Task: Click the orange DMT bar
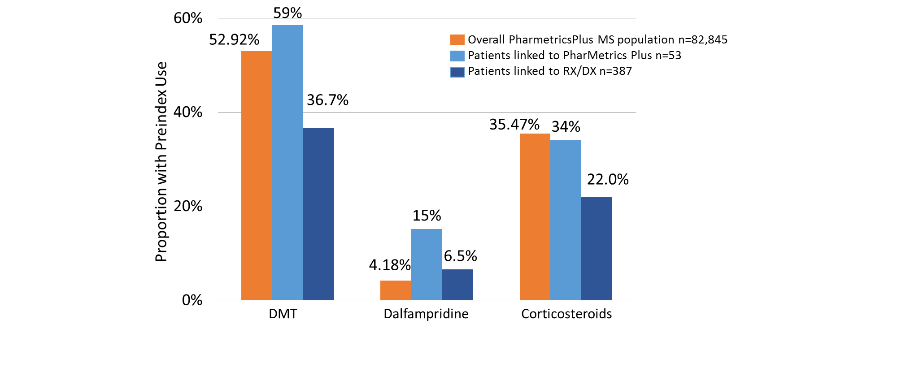click(x=257, y=175)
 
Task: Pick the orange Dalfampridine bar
click(x=396, y=290)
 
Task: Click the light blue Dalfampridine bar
click(x=427, y=264)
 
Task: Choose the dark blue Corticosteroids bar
click(x=597, y=248)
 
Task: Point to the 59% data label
click(x=287, y=13)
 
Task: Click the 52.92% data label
click(x=234, y=40)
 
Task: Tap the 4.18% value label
click(x=390, y=265)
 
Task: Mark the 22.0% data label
click(x=608, y=180)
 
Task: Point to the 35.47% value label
click(x=514, y=125)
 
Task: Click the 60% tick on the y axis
click(x=188, y=18)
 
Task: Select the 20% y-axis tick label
click(x=188, y=206)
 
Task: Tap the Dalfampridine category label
click(x=426, y=314)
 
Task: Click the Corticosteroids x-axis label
click(x=566, y=314)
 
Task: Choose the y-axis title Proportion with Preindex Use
click(x=161, y=161)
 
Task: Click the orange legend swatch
click(x=457, y=40)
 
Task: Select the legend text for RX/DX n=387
click(x=550, y=71)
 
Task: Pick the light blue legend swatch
click(x=457, y=56)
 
